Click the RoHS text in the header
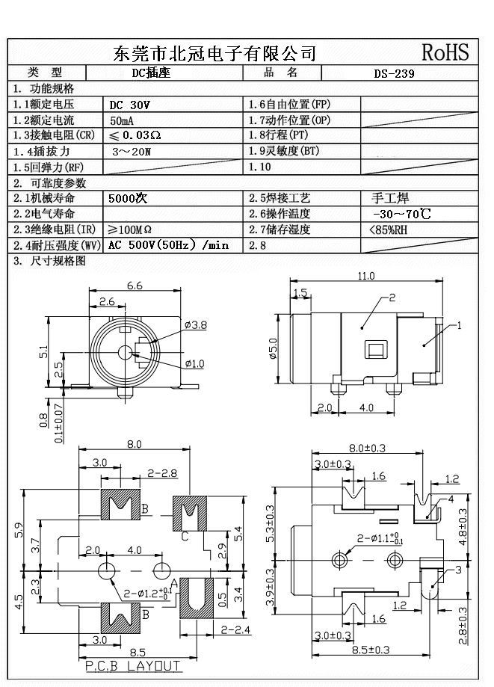coord(445,52)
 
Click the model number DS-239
coord(394,74)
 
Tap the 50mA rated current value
coord(123,120)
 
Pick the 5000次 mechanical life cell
coord(128,200)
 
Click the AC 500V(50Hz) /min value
coord(168,245)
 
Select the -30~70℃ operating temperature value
coord(400,214)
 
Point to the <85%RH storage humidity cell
coord(389,230)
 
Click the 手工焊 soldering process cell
coord(390,199)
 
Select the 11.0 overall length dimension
coord(365,277)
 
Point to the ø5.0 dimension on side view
coord(273,348)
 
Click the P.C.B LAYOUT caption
coord(133,665)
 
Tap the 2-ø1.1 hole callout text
coord(383,537)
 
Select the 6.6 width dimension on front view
coord(135,286)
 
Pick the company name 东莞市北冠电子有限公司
coord(214,53)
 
